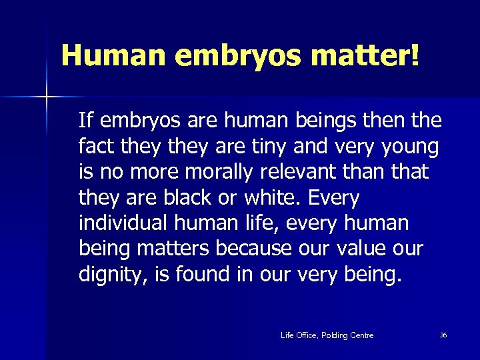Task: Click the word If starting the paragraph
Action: (85, 120)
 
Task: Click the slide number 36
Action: (443, 335)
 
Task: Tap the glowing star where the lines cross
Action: (47, 97)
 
